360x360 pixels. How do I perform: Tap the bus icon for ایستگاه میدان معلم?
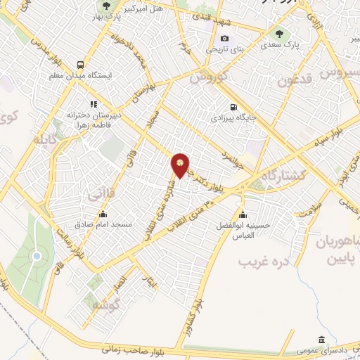click(x=81, y=64)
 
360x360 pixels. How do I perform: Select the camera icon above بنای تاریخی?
click(x=225, y=38)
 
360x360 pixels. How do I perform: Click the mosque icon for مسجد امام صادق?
click(x=103, y=214)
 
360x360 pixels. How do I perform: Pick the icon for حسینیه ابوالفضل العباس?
click(x=243, y=214)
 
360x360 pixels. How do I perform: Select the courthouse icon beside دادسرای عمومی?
click(x=321, y=339)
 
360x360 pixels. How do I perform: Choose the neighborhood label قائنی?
click(x=96, y=191)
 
